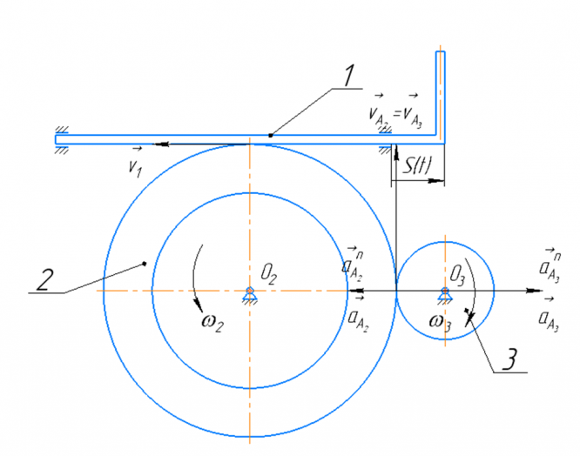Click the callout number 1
[348, 76]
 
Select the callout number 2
[44, 280]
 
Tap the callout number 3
[510, 359]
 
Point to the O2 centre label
[268, 274]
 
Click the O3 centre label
[457, 276]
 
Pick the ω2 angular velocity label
[212, 322]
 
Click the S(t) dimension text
[417, 165]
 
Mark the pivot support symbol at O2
[250, 294]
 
